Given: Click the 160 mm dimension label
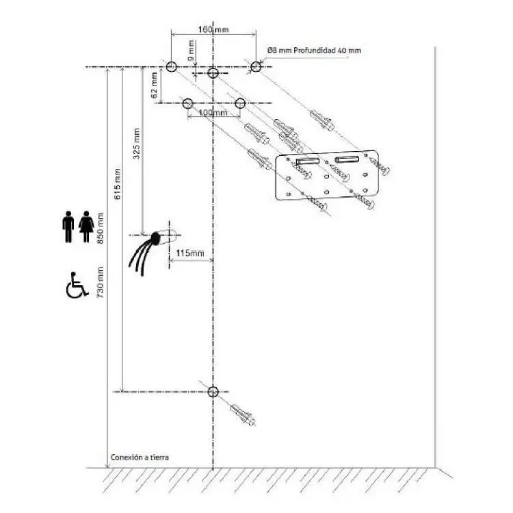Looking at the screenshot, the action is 213,29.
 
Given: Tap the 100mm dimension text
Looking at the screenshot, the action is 213,113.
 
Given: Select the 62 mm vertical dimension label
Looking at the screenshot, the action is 155,85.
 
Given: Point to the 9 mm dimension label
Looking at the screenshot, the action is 191,51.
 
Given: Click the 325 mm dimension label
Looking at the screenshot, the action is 136,144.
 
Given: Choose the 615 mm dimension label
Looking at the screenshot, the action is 118,184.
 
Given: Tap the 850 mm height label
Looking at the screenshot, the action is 100,228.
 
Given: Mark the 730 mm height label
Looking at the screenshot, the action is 100,282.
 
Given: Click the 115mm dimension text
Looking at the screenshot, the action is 190,253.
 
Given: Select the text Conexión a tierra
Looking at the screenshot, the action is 140,457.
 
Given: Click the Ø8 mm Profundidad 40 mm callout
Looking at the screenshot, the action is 315,51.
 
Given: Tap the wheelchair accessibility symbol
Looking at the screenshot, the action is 77,285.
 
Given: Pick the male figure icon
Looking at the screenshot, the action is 68,226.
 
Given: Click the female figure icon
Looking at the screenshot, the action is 86,226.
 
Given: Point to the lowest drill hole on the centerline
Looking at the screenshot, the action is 213,392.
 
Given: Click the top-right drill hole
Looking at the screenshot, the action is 256,67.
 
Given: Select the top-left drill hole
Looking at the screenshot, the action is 171,67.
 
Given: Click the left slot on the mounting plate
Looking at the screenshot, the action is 308,161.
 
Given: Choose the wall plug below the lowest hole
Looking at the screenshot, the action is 242,415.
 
